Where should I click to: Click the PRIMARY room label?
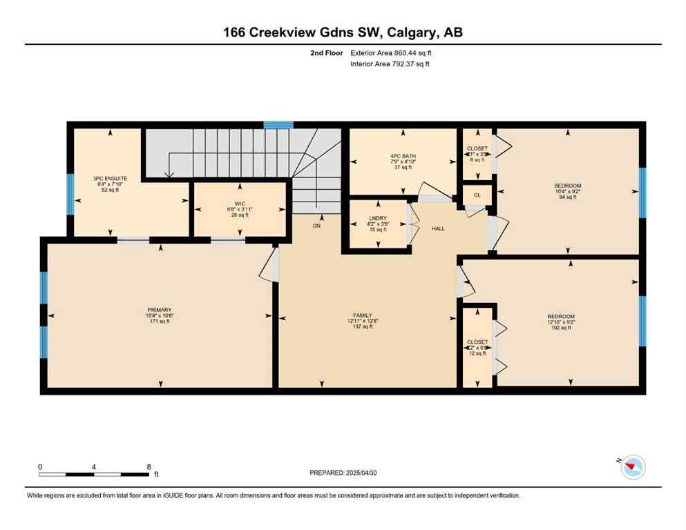pyautogui.click(x=159, y=310)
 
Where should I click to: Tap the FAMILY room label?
pyautogui.click(x=362, y=315)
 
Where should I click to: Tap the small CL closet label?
pyautogui.click(x=477, y=195)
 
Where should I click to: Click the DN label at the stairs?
pyautogui.click(x=316, y=226)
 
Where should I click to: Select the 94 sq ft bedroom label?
pyautogui.click(x=568, y=186)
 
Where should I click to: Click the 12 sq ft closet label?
pyautogui.click(x=477, y=342)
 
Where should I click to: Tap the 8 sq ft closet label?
pyautogui.click(x=477, y=148)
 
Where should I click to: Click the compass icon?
pyautogui.click(x=631, y=467)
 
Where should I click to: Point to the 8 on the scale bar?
pyautogui.click(x=149, y=467)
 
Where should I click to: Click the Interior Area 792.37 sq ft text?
pyautogui.click(x=391, y=64)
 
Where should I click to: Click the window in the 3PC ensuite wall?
pyautogui.click(x=70, y=193)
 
